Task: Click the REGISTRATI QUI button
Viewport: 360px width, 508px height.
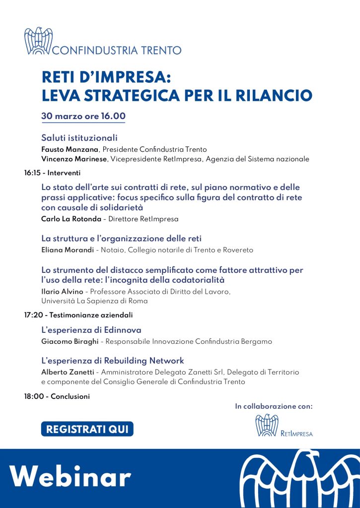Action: click(87, 429)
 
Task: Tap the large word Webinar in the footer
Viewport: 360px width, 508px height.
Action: click(71, 477)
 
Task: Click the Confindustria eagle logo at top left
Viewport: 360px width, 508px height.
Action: click(38, 41)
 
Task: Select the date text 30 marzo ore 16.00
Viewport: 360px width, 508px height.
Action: click(83, 116)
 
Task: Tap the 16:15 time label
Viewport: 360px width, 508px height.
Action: click(33, 173)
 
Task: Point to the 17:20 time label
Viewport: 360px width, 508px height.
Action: click(33, 315)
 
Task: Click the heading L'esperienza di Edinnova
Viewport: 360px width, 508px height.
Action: click(91, 330)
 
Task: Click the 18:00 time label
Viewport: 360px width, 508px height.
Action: click(33, 396)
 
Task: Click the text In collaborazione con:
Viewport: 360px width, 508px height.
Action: click(274, 406)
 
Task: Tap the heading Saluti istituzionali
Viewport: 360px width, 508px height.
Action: click(79, 137)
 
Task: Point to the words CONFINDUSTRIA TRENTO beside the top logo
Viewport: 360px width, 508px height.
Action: click(117, 50)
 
